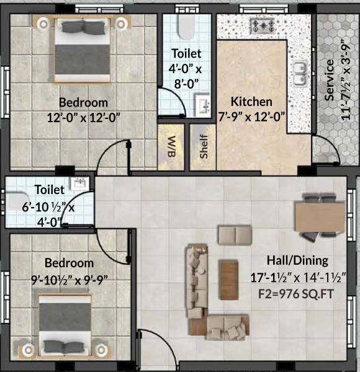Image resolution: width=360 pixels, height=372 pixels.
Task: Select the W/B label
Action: pos(170,146)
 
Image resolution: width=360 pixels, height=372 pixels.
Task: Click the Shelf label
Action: pos(204,146)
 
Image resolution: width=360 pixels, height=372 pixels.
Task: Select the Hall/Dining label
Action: pos(297,260)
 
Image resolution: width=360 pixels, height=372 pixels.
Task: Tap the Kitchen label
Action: pos(251,102)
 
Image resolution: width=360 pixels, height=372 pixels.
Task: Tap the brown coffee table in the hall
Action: pos(228,273)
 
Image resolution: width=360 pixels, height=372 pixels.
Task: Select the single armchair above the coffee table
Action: pos(234,235)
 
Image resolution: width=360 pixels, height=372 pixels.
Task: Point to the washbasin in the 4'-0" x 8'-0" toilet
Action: pos(205,104)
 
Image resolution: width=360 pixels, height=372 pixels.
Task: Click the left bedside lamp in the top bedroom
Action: pos(43,24)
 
